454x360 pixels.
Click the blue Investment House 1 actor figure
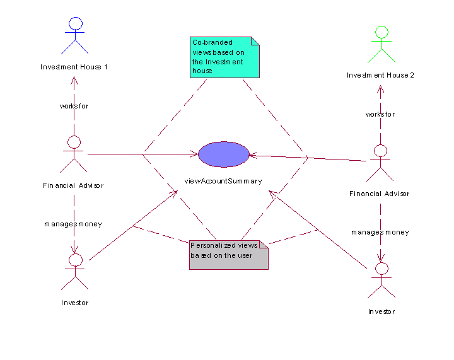coord(75,35)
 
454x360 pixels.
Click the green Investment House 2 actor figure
coord(381,44)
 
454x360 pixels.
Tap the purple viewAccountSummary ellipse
coord(223,154)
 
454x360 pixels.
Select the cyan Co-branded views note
coord(224,57)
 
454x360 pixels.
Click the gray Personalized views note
coord(229,255)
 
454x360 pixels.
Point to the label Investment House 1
coord(74,67)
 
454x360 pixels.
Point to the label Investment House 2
coord(380,75)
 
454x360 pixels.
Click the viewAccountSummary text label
coord(223,181)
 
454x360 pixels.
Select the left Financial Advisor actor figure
coord(74,154)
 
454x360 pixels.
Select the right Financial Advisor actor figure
coord(380,163)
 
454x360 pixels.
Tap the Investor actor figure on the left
coord(75,272)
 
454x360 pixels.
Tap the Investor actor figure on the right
coord(381,281)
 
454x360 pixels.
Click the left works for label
coord(74,106)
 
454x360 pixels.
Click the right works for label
coord(380,114)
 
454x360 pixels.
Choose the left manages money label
coord(73,224)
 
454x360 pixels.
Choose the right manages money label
coord(380,233)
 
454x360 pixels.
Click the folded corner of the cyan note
coord(255,41)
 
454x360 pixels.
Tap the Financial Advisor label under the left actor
coord(73,185)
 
